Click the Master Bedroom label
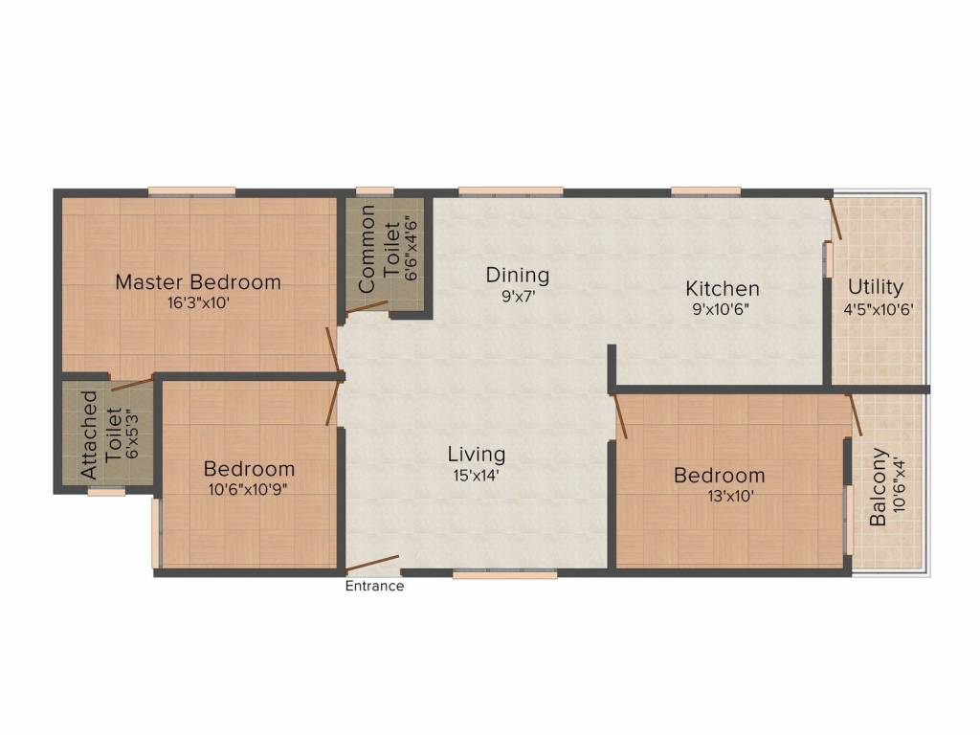pos(198,282)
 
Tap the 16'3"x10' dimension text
pos(198,303)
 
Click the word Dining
pos(518,276)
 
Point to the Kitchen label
pos(723,288)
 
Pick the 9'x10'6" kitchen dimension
pos(723,308)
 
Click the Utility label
pos(876,287)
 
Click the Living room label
pos(477,454)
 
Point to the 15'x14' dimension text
pos(477,474)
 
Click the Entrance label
pos(374,587)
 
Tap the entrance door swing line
pos(373,565)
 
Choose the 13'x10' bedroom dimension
pos(720,496)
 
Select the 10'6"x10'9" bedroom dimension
pos(249,489)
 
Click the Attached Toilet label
pos(89,434)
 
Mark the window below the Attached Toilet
pos(106,492)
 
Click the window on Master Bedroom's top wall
pos(191,191)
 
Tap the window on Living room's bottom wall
pos(504,575)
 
